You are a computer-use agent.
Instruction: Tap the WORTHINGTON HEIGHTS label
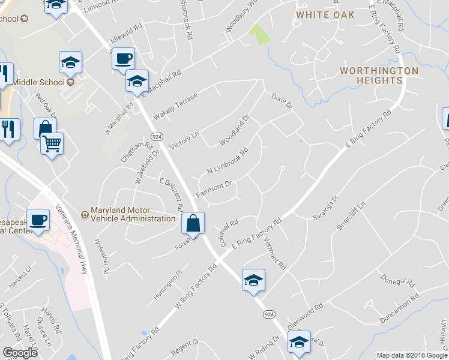point(379,75)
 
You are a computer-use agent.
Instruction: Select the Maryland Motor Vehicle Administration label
point(133,215)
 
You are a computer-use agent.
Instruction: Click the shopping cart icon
point(52,144)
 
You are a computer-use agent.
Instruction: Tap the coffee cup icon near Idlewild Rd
point(123,59)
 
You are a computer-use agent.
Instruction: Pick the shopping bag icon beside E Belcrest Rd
point(193,223)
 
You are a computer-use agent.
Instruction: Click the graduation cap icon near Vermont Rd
point(253,280)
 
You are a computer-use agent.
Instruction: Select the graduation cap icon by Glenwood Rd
point(299,343)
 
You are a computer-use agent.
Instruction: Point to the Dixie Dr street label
point(281,101)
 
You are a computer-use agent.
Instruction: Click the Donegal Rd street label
point(398,280)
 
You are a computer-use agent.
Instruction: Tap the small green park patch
point(260,34)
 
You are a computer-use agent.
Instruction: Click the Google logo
point(20,352)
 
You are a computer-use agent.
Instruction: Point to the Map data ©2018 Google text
point(411,355)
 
